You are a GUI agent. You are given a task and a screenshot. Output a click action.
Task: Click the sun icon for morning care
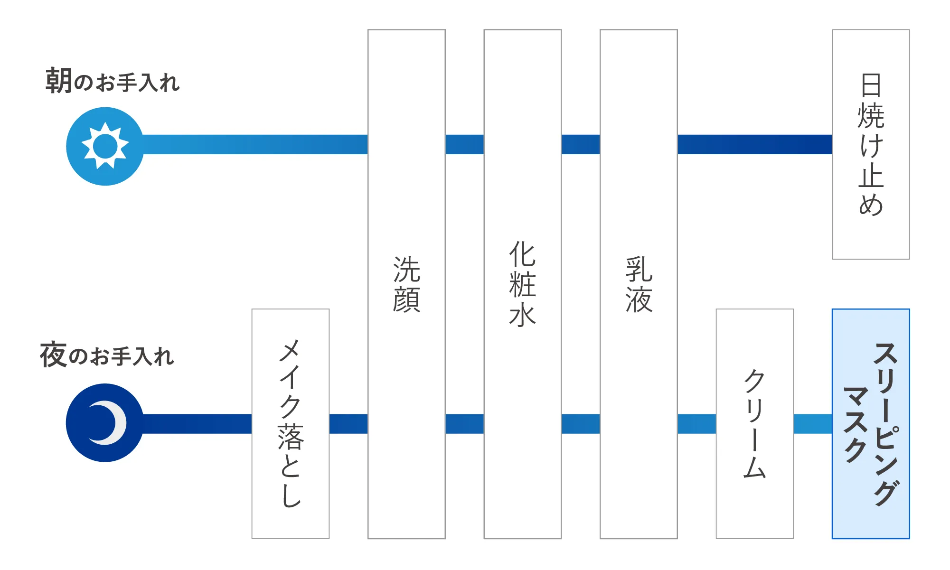point(105,146)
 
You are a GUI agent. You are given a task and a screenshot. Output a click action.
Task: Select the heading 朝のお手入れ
point(113,81)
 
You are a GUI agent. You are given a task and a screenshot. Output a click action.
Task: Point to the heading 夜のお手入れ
point(107,355)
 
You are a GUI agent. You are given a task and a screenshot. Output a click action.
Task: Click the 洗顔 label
point(406,284)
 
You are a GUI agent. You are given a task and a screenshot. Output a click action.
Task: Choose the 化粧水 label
point(522,284)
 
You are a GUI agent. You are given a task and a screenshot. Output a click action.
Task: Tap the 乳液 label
point(639,284)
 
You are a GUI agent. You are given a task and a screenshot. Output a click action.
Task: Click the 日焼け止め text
point(871,144)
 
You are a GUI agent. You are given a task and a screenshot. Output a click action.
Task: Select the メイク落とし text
point(291,423)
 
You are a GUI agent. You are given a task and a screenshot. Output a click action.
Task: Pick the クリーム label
point(754,423)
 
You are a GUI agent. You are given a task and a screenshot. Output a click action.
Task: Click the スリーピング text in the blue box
point(886,424)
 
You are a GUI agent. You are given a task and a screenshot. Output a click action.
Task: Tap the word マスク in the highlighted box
point(856,424)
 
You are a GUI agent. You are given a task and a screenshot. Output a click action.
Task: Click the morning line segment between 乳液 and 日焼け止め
point(755,144)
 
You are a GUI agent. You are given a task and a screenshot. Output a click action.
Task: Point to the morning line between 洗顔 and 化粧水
point(464,144)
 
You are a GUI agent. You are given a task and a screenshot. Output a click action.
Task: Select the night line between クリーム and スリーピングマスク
point(813,424)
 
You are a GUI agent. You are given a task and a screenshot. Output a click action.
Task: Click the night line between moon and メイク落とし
point(197,424)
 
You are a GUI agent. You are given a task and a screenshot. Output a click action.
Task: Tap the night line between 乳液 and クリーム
point(696,424)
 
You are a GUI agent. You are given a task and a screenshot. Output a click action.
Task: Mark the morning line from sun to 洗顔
point(255,144)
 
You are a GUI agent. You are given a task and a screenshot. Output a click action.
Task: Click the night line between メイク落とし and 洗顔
point(348,424)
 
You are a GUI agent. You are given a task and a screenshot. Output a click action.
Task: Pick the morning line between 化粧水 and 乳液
point(581,144)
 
